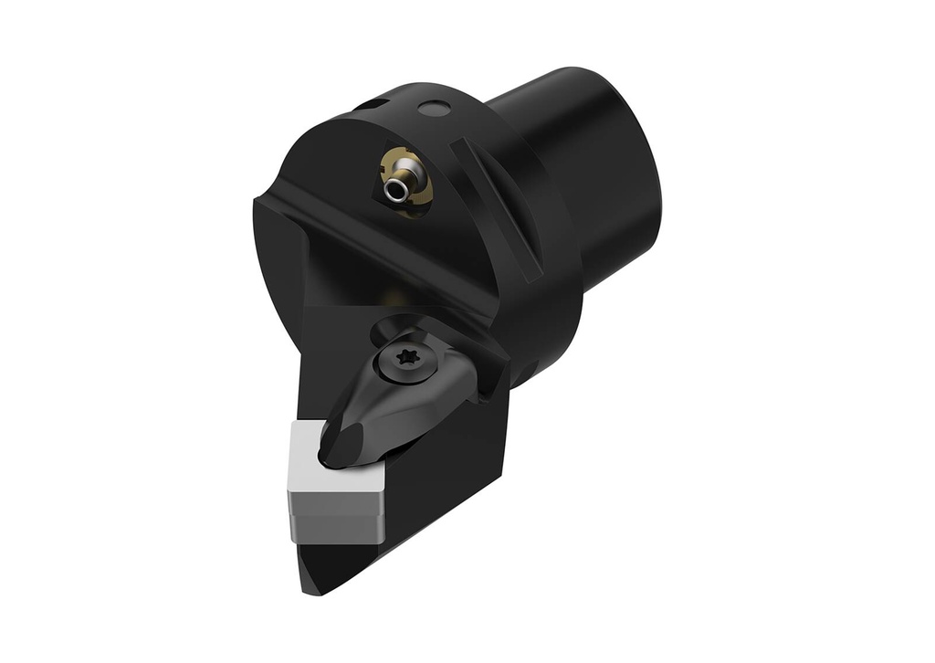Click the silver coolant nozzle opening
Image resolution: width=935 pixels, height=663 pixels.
[395, 191]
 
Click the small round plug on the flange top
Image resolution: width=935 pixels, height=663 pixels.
[435, 110]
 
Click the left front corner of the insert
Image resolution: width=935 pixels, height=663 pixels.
[290, 493]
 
